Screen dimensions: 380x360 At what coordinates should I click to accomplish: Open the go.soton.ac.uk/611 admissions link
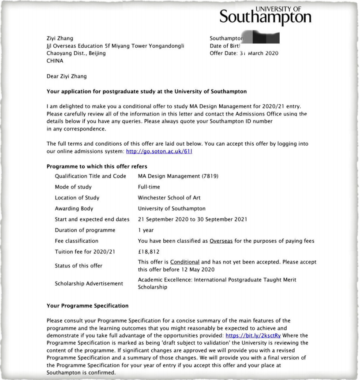159,151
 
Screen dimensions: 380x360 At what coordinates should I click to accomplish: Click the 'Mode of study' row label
73,187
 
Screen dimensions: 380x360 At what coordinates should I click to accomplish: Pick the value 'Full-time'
149,187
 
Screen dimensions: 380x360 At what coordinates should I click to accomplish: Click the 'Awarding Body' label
74,209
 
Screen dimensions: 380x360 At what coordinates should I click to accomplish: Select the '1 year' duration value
146,230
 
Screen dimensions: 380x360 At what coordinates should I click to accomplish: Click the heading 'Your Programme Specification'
87,305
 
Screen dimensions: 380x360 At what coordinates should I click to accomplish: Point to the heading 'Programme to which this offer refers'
97,166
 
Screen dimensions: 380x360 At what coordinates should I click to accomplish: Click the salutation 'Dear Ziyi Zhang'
67,76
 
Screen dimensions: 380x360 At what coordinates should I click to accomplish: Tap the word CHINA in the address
55,61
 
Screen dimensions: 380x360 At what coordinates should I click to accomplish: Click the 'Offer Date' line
244,53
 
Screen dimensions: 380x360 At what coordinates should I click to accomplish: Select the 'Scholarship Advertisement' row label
89,283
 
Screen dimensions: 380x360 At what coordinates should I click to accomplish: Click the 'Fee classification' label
76,241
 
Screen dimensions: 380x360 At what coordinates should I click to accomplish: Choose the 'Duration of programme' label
85,230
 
